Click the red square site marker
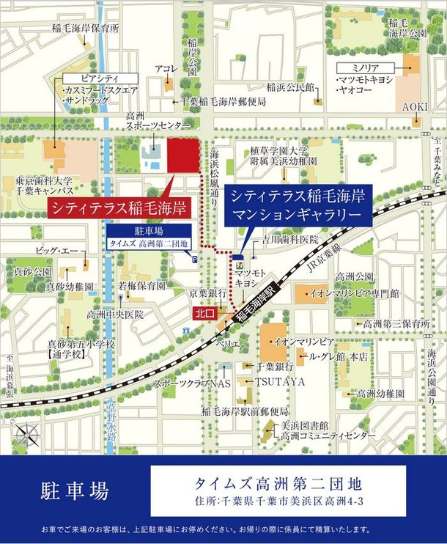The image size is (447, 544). point(184,155)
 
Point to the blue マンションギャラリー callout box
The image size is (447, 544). point(298,205)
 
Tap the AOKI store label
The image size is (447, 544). point(414,107)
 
